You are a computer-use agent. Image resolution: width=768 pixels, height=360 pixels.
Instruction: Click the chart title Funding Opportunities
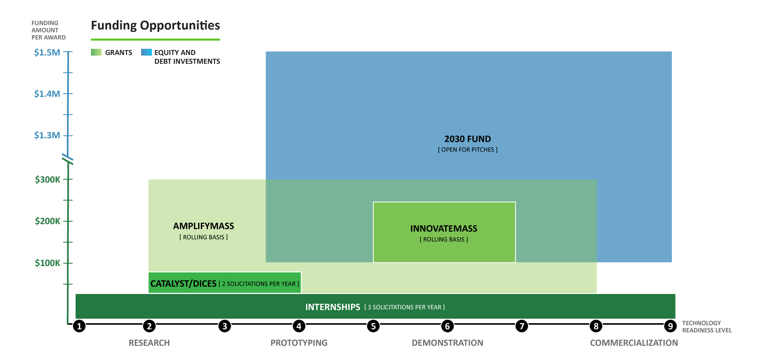155,26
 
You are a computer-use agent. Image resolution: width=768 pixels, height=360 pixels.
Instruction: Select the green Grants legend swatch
96,52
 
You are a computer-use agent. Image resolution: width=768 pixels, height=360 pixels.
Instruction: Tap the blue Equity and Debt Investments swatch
146,52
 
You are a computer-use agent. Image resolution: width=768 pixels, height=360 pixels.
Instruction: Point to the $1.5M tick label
47,52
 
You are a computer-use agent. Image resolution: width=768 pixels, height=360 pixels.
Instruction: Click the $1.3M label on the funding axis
47,135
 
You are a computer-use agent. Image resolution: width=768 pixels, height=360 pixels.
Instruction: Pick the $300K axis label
48,180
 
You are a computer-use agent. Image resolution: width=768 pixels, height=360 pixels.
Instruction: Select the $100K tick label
48,263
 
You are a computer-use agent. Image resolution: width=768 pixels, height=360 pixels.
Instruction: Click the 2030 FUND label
468,139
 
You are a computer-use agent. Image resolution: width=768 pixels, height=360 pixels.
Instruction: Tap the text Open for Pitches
468,150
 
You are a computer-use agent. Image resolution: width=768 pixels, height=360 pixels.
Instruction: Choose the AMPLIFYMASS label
204,226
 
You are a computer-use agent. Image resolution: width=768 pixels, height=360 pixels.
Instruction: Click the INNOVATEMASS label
444,228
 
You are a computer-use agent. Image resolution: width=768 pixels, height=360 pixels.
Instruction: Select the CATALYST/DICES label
183,284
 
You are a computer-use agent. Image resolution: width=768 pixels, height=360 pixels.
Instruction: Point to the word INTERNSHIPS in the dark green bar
333,307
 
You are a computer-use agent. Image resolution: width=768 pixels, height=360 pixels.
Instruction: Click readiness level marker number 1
79,326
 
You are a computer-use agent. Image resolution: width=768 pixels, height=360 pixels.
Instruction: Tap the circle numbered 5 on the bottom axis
373,326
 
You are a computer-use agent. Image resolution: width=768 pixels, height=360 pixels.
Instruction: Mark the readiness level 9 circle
670,326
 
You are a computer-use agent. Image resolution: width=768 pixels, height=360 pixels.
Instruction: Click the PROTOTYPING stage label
299,343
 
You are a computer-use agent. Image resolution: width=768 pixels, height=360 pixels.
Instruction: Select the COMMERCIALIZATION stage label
634,343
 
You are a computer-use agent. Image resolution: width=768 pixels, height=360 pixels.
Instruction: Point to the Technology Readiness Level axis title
707,326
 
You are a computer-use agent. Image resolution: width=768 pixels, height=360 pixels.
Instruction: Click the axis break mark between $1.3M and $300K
68,160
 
